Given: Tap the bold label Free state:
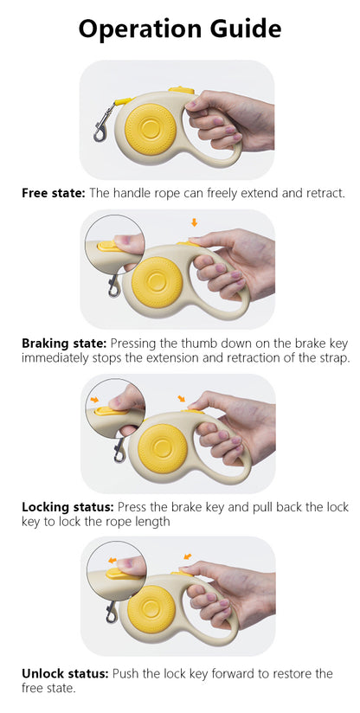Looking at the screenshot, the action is click(x=54, y=193).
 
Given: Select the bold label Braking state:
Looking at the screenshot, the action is click(x=64, y=344).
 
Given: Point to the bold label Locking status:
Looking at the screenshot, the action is click(x=68, y=507).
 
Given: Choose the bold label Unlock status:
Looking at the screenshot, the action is click(x=65, y=673).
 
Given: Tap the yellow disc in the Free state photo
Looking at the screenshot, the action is click(x=150, y=129).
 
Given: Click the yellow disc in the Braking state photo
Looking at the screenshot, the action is click(x=157, y=282).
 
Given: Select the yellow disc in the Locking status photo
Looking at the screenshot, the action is click(x=163, y=449).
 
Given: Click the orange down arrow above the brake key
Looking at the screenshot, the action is click(x=195, y=222).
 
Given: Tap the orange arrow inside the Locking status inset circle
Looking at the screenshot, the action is click(x=94, y=400).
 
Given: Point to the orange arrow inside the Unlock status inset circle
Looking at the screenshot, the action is click(x=112, y=561).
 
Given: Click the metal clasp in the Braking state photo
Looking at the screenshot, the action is click(x=114, y=286).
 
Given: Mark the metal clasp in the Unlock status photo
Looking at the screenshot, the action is click(x=112, y=612).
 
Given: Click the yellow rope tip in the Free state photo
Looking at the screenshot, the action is click(x=123, y=101).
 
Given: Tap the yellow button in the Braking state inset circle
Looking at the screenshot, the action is click(x=109, y=246).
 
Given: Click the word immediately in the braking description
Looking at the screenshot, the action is click(x=55, y=358).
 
